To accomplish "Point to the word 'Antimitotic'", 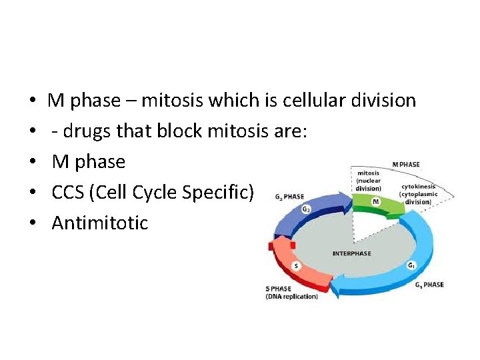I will [100, 223].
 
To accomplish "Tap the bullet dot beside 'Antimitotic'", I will [33, 223].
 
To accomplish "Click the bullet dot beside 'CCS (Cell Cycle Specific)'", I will [33, 193].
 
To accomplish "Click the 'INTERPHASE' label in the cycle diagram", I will [351, 254].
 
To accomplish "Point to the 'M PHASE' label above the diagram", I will [406, 164].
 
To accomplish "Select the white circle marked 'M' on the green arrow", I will [375, 201].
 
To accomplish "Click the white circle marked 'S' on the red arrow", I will [296, 265].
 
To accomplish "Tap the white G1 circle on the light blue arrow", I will [411, 265].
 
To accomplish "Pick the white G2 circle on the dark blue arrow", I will [306, 209].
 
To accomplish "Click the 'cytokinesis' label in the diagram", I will [419, 187].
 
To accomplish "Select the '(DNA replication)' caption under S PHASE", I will [292, 296].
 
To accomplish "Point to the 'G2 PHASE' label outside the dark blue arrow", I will [289, 197].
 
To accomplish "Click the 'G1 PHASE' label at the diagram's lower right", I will [429, 285].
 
